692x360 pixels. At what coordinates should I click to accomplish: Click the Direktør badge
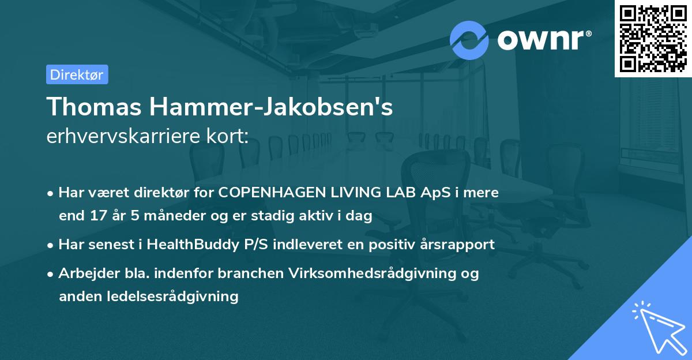click(77, 74)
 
